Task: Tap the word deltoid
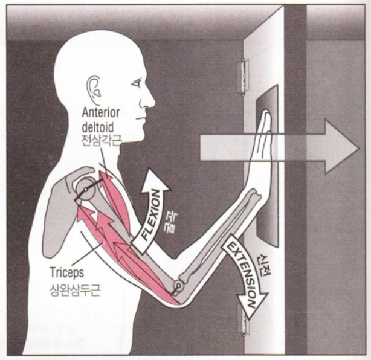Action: [x=97, y=127]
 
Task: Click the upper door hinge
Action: [x=244, y=75]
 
